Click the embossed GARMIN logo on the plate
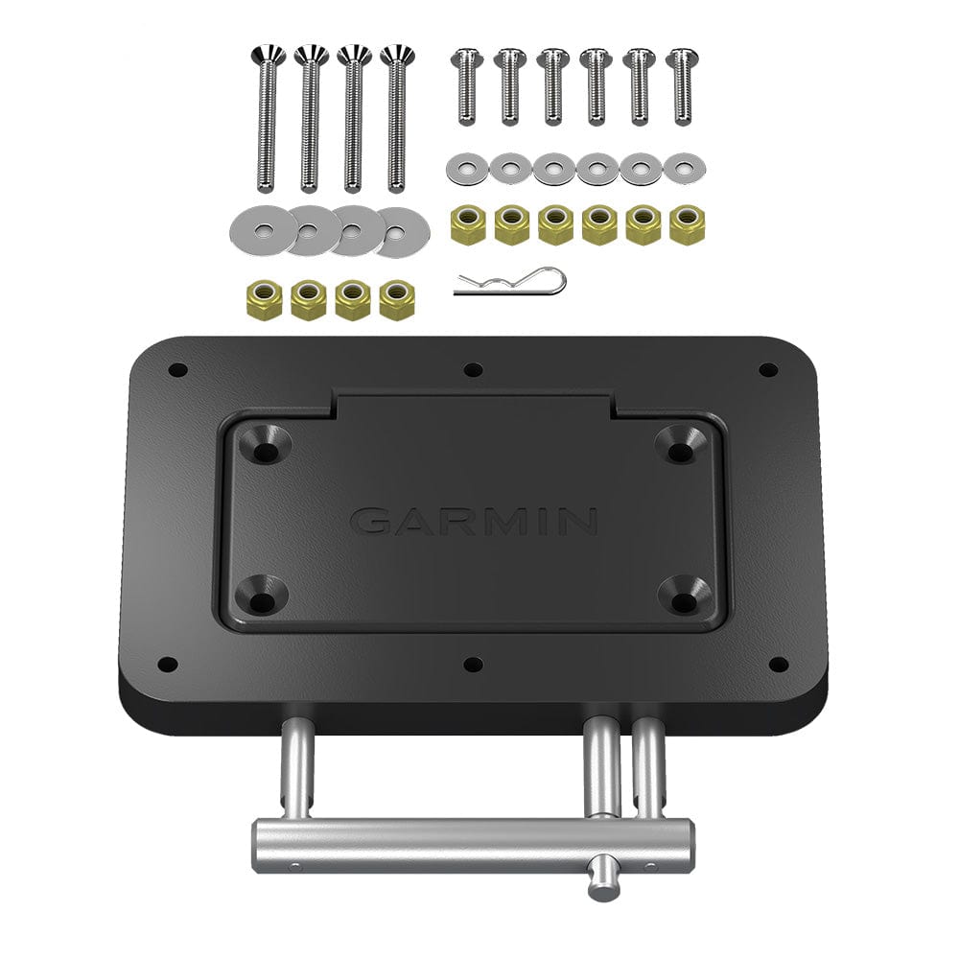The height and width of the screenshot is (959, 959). pyautogui.click(x=474, y=521)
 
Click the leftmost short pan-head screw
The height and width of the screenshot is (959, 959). pyautogui.click(x=465, y=86)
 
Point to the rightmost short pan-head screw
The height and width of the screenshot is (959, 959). pyautogui.click(x=682, y=86)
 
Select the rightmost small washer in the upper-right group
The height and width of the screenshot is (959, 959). pyautogui.click(x=685, y=169)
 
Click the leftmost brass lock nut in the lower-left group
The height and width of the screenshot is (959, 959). pyautogui.click(x=264, y=299)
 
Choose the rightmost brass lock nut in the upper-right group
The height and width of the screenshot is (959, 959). pyautogui.click(x=686, y=225)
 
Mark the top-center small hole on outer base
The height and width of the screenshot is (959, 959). pyautogui.click(x=472, y=369)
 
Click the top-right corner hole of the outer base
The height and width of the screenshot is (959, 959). pyautogui.click(x=767, y=369)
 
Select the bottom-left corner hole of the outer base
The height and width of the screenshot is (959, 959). pyautogui.click(x=168, y=663)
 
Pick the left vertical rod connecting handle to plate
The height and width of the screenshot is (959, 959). pyautogui.click(x=295, y=773)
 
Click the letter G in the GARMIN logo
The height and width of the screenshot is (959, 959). pyautogui.click(x=371, y=521)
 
